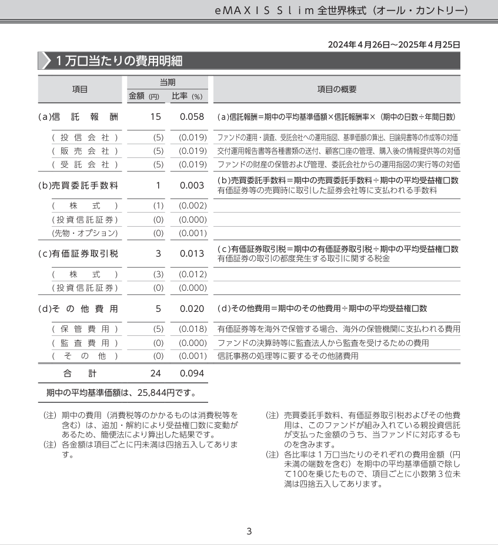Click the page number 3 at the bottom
click(x=249, y=531)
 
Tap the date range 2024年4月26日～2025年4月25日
click(x=393, y=45)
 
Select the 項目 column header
click(x=80, y=89)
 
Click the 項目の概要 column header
click(x=336, y=89)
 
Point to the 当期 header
click(x=168, y=82)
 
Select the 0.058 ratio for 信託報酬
click(x=192, y=117)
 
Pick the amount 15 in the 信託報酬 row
click(x=155, y=117)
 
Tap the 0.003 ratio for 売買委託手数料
click(x=192, y=186)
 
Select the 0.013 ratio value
click(x=192, y=254)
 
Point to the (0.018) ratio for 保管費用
click(x=193, y=329)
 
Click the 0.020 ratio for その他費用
click(x=192, y=308)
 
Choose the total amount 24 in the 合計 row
click(x=155, y=373)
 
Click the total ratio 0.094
click(x=192, y=373)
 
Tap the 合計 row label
click(x=80, y=373)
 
